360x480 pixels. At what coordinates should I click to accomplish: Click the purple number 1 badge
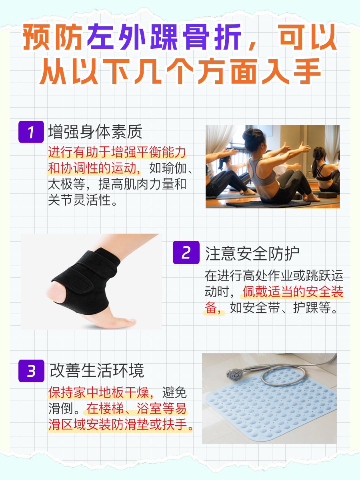[x=31, y=131]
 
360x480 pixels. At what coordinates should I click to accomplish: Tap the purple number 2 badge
[x=186, y=252]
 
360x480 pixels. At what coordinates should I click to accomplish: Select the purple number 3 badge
[x=31, y=371]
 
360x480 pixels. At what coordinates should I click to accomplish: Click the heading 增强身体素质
[x=95, y=131]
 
